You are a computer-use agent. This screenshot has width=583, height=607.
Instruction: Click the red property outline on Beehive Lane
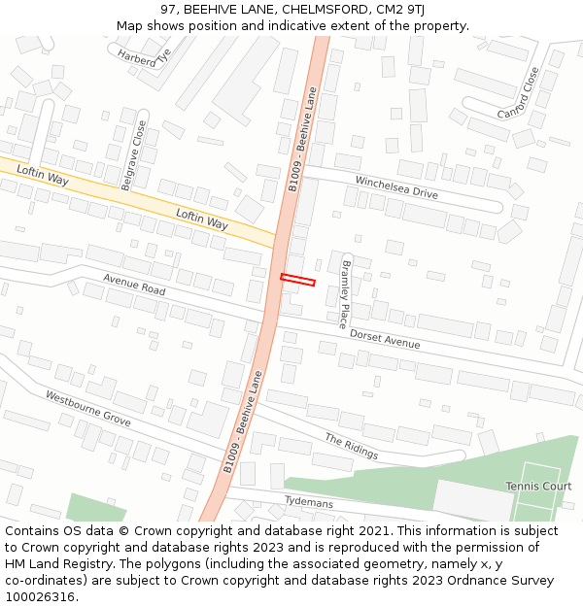[298, 281]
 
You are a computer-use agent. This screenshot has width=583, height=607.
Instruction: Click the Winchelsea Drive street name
[396, 187]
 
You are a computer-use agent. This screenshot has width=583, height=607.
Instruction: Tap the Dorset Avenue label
[385, 338]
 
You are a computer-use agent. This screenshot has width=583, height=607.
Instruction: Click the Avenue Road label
[134, 285]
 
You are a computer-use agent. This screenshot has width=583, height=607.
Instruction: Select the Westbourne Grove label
[88, 408]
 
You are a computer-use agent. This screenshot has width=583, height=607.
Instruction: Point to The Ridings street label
[351, 447]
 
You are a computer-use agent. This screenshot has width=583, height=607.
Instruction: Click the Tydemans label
[309, 502]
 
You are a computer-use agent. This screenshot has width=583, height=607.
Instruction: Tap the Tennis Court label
[538, 486]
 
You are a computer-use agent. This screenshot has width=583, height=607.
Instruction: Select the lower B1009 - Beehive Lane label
[243, 422]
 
